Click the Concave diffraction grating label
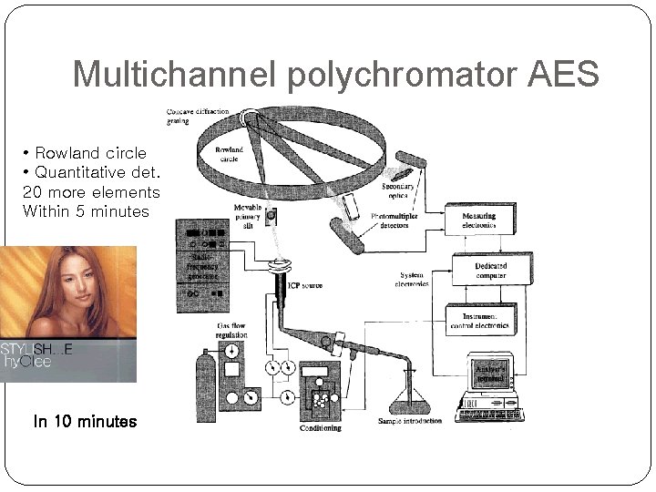pyautogui.click(x=197, y=116)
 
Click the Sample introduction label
pyautogui.click(x=410, y=421)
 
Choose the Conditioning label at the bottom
pyautogui.click(x=320, y=427)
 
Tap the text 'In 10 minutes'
pyautogui.click(x=85, y=421)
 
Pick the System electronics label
pyautogui.click(x=414, y=279)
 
